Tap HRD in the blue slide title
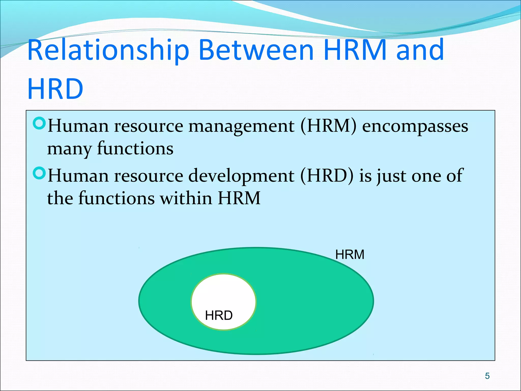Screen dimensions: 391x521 tap(55, 89)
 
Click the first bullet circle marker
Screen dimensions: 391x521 tap(39, 123)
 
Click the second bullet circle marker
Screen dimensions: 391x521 tap(39, 173)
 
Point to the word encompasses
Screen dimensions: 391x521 tap(415, 127)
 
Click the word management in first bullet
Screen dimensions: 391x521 tap(241, 127)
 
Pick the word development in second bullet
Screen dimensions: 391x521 tap(241, 176)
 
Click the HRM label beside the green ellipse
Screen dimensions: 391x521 tap(350, 255)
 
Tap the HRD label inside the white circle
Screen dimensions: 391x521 tap(219, 315)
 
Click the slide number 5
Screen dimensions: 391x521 tap(487, 376)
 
